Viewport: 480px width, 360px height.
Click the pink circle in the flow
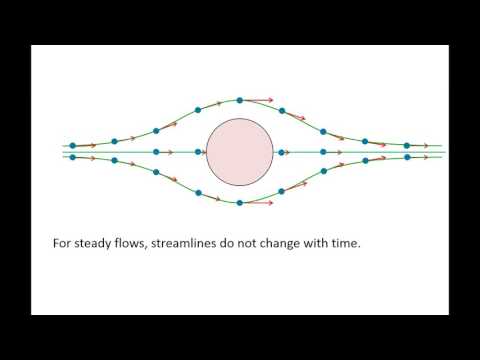coord(238,152)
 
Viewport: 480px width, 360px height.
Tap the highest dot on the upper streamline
coord(240,100)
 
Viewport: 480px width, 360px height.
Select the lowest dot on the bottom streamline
coord(240,203)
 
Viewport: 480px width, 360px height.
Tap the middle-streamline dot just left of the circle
coord(198,152)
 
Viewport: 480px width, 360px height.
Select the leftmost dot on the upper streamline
coord(73,146)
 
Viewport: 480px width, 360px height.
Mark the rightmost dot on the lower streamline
coord(407,158)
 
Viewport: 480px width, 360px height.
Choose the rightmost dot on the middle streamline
coord(407,152)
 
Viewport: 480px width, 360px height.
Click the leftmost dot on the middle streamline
coord(73,152)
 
